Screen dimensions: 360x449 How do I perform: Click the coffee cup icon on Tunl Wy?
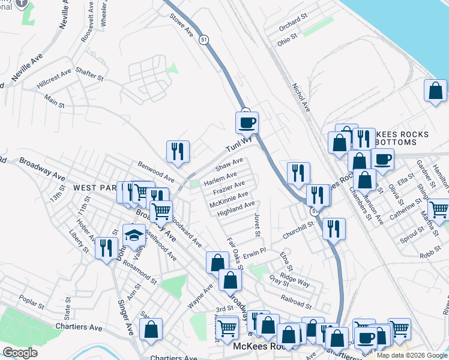click(x=247, y=123)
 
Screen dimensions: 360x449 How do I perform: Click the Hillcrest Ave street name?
click(x=53, y=78)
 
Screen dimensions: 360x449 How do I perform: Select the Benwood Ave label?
click(x=155, y=172)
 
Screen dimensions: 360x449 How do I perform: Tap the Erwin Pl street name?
click(x=254, y=250)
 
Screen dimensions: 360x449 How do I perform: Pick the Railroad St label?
click(x=296, y=298)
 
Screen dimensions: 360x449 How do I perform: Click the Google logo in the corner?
click(x=20, y=353)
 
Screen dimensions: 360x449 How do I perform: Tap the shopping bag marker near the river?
click(x=435, y=92)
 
